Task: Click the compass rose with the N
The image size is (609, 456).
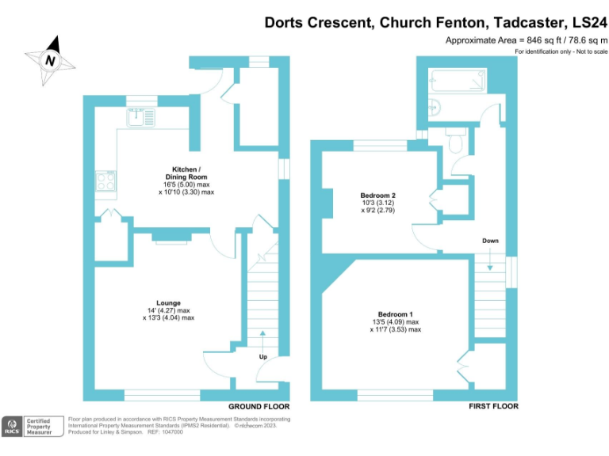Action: pyautogui.click(x=51, y=59)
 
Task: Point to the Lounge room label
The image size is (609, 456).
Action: pyautogui.click(x=168, y=302)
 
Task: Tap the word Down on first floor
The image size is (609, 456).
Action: pyautogui.click(x=490, y=241)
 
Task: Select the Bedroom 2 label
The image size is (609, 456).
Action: pyautogui.click(x=377, y=195)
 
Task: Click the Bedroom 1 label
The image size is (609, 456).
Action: pyautogui.click(x=395, y=314)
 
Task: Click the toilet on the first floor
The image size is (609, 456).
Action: pyautogui.click(x=455, y=143)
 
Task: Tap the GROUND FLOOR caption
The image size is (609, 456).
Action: pyautogui.click(x=255, y=406)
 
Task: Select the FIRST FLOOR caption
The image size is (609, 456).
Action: pyautogui.click(x=492, y=406)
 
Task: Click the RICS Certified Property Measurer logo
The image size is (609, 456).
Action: pyautogui.click(x=29, y=426)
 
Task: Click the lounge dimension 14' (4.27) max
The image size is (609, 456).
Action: pyautogui.click(x=168, y=310)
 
